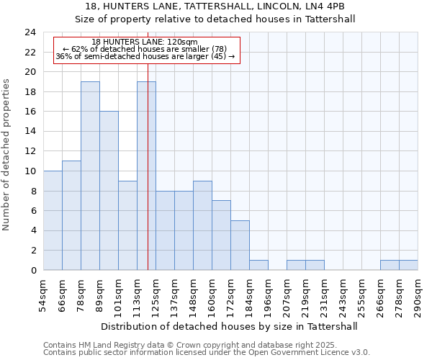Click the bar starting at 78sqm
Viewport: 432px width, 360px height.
tap(90, 176)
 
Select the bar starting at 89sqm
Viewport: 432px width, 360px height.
tap(109, 191)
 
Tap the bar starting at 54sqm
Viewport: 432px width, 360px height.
tap(53, 220)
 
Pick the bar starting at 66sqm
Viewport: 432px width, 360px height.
tap(71, 215)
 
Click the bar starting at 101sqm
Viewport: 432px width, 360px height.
tap(127, 225)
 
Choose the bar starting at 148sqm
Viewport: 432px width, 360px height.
tap(202, 225)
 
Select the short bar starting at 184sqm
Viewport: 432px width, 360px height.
tap(258, 265)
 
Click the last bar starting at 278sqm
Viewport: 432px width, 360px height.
tap(408, 265)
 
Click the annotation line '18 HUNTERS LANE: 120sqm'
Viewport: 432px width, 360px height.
tap(145, 42)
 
